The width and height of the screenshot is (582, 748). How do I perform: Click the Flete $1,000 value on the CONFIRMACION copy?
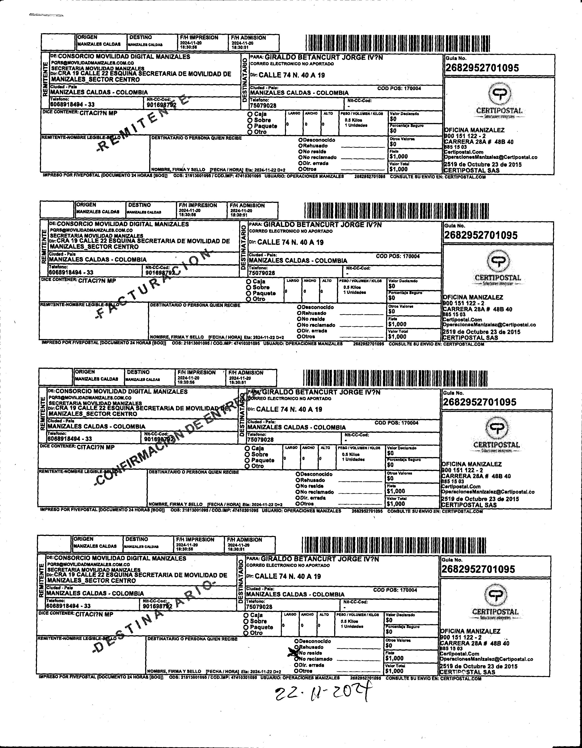tap(396, 491)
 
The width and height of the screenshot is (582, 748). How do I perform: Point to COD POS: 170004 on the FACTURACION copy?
tap(398, 256)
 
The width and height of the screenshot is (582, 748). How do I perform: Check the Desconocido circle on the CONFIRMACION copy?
tap(298, 474)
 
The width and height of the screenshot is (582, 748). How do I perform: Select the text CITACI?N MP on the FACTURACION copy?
tap(97, 281)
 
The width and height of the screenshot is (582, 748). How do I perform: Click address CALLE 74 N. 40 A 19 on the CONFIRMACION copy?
tap(289, 409)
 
